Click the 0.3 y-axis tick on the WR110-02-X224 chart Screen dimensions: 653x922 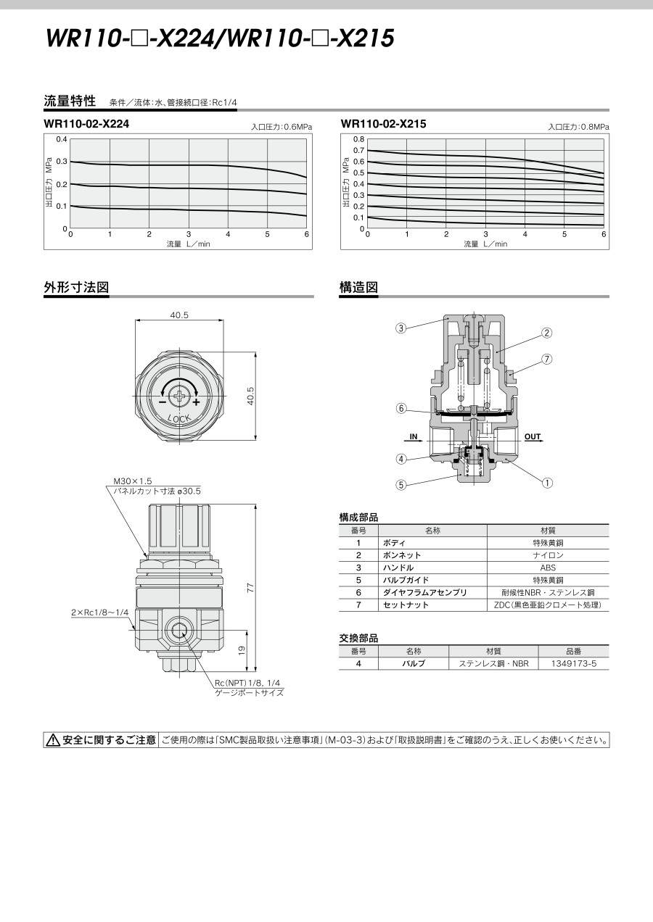click(x=62, y=162)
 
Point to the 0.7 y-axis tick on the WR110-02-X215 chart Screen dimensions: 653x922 click(x=359, y=151)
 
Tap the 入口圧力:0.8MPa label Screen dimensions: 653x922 click(x=578, y=127)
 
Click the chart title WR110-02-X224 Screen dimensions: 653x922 click(x=86, y=124)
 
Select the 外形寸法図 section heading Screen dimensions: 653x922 click(x=76, y=287)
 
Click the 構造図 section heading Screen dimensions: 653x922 click(x=358, y=287)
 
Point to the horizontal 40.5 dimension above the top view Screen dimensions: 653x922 click(x=179, y=315)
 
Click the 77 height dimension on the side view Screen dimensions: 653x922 click(x=250, y=588)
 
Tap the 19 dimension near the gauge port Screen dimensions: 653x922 click(x=242, y=650)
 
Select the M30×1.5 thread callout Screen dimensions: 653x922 click(x=133, y=481)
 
